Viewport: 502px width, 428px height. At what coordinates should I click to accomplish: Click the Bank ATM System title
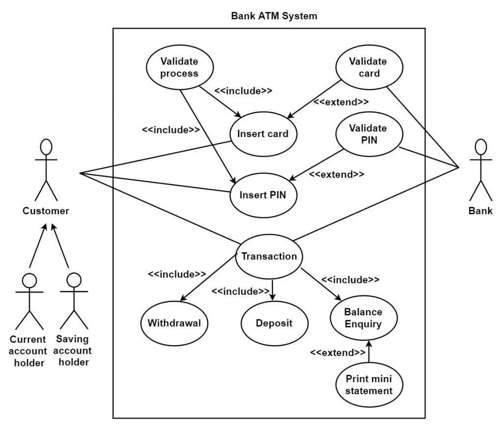[274, 16]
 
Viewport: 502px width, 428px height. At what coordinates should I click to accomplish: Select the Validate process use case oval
[179, 68]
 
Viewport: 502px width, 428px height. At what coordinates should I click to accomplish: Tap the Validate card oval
[369, 67]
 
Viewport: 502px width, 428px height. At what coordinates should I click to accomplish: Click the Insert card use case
[263, 134]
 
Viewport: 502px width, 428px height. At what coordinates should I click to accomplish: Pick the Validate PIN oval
[369, 134]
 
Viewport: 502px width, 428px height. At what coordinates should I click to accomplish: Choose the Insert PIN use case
[263, 195]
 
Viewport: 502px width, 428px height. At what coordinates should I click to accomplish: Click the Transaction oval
[269, 257]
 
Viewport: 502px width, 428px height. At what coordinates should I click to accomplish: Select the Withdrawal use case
[174, 323]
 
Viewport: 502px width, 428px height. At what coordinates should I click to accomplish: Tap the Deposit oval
[275, 323]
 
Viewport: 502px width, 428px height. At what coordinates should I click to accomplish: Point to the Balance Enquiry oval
[364, 318]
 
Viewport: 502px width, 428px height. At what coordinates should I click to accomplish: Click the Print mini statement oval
[369, 385]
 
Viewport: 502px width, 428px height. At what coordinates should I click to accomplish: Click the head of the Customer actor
[46, 147]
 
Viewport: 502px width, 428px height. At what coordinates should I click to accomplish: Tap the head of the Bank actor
[480, 147]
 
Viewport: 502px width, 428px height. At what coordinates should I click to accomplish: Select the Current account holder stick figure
[29, 301]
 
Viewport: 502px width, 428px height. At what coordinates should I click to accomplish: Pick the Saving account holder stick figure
[74, 301]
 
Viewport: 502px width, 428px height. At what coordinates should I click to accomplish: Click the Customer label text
[46, 211]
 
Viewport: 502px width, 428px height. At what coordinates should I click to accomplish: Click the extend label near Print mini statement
[338, 353]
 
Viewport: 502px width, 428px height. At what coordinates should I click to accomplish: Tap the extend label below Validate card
[341, 102]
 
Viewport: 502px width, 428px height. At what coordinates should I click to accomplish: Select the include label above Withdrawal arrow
[176, 274]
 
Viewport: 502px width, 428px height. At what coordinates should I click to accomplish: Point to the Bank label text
[480, 211]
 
